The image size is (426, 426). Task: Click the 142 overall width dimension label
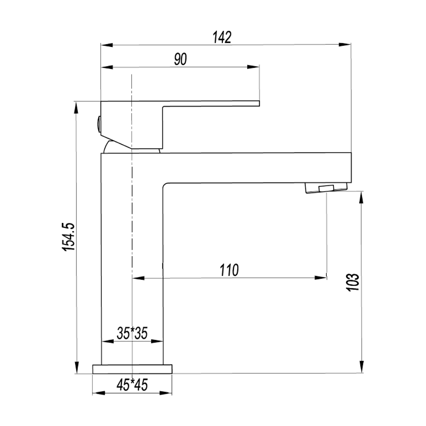click(x=222, y=38)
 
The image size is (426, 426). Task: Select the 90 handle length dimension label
click(x=181, y=60)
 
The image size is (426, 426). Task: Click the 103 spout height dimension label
click(x=353, y=282)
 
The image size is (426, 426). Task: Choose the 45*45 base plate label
click(x=132, y=385)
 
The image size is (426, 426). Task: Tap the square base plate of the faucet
click(x=132, y=369)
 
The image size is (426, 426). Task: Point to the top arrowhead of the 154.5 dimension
click(x=77, y=106)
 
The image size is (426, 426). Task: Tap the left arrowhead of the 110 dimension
click(x=137, y=278)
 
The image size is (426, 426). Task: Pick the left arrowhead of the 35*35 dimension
click(x=106, y=341)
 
